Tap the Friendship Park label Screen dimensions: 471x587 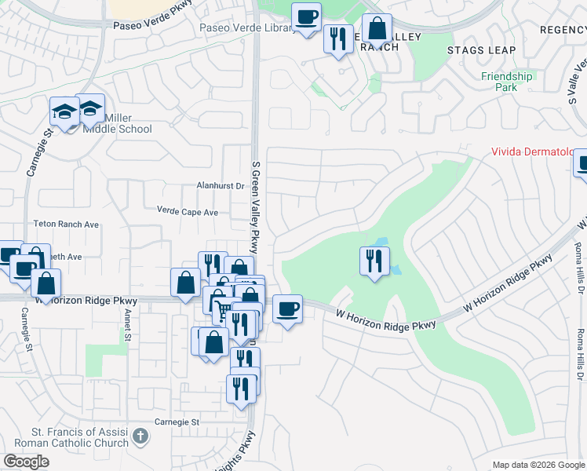pyautogui.click(x=507, y=82)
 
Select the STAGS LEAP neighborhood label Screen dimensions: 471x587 pyautogui.click(x=482, y=50)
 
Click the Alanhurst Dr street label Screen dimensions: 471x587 pyautogui.click(x=221, y=187)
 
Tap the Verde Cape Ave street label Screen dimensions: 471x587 pyautogui.click(x=188, y=212)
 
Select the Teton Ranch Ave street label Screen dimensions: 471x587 pyautogui.click(x=66, y=225)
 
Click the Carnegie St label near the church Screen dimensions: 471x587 pyautogui.click(x=176, y=422)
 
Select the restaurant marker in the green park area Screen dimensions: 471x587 pyautogui.click(x=374, y=259)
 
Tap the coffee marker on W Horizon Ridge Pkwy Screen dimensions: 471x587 pyautogui.click(x=287, y=308)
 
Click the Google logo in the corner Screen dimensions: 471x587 pyautogui.click(x=26, y=462)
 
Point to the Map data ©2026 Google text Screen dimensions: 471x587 pyautogui.click(x=538, y=466)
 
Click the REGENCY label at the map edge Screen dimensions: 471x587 pyautogui.click(x=563, y=29)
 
